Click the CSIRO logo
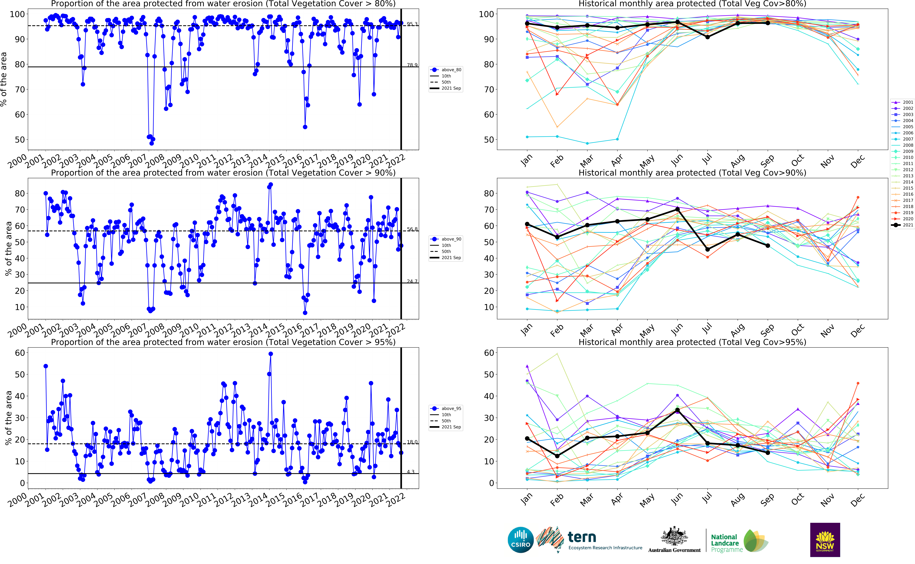click(x=521, y=540)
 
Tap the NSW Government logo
click(x=825, y=540)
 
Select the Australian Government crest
click(x=674, y=537)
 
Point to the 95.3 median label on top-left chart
click(x=412, y=24)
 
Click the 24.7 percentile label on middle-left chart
click(x=412, y=281)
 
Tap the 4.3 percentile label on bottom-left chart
click(x=410, y=472)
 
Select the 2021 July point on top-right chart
click(x=707, y=37)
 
